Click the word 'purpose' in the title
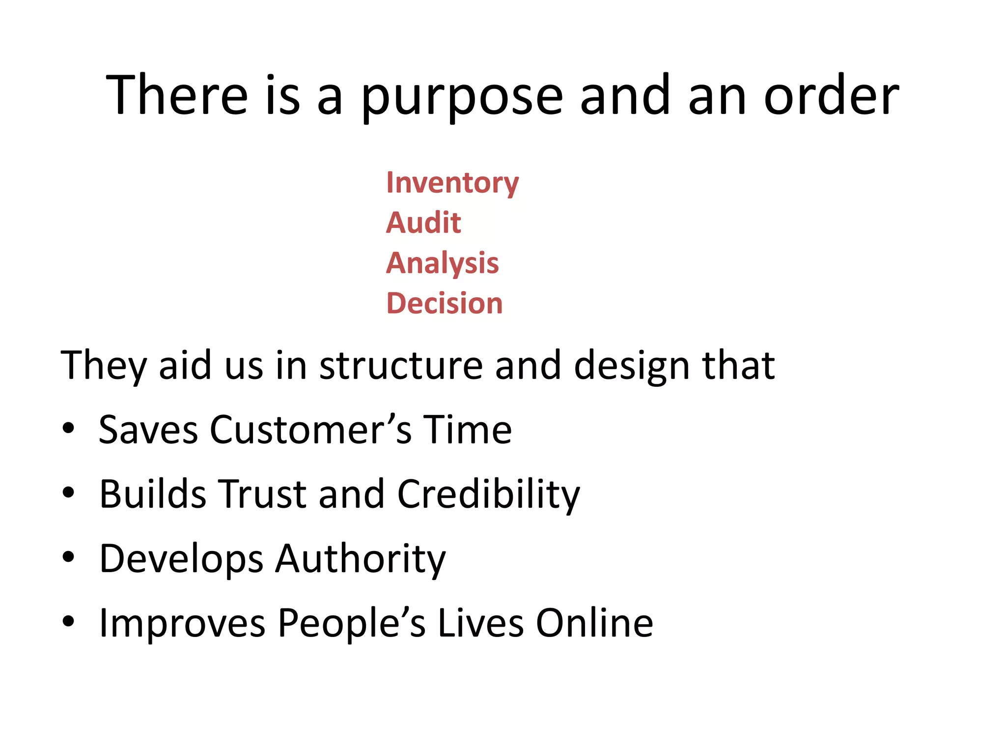click(462, 96)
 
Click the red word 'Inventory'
click(452, 183)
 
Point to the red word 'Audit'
click(423, 223)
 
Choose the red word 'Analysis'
click(442, 263)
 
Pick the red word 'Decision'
click(445, 303)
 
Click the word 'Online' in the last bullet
click(594, 623)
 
